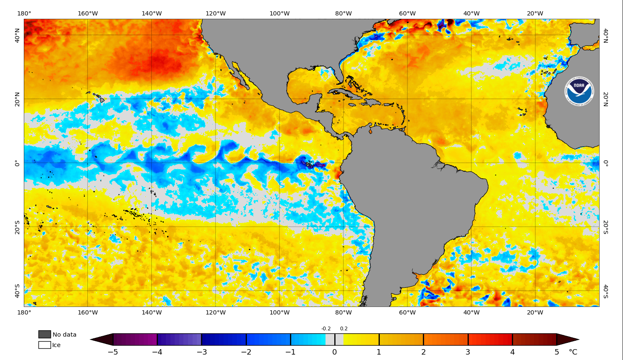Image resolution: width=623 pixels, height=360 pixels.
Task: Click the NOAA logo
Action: (x=579, y=91)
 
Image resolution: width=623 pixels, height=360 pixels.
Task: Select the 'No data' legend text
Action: (x=64, y=335)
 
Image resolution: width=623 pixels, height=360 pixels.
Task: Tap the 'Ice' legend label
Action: (x=56, y=345)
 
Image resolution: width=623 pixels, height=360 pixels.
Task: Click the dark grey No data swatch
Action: (x=45, y=334)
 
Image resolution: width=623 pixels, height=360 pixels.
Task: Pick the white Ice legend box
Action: (x=45, y=345)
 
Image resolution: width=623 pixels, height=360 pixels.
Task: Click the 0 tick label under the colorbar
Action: (x=335, y=352)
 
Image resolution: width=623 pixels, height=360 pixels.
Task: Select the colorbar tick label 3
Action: (x=468, y=352)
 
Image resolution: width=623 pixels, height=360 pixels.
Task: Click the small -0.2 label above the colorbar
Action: (x=326, y=329)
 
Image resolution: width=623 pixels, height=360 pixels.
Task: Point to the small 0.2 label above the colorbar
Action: (x=343, y=329)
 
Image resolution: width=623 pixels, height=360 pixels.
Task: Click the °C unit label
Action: (x=573, y=352)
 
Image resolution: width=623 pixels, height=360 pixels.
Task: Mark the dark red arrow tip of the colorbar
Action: (x=568, y=340)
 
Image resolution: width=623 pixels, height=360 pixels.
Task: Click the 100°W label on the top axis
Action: (x=280, y=13)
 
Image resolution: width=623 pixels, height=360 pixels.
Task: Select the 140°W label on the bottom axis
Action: (x=152, y=312)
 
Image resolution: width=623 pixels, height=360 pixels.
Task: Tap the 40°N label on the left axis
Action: (x=17, y=35)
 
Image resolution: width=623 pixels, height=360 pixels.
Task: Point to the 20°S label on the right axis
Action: (x=605, y=227)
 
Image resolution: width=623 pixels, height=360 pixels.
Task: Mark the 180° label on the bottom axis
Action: (x=24, y=312)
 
